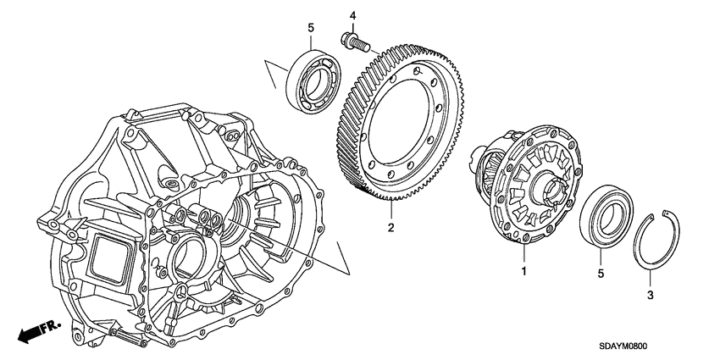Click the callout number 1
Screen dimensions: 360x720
click(x=523, y=271)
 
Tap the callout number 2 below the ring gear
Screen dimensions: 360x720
click(x=390, y=227)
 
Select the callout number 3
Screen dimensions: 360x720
click(x=650, y=295)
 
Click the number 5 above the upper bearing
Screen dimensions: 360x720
click(x=311, y=29)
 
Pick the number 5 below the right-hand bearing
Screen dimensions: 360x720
click(x=601, y=274)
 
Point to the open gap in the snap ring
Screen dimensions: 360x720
click(x=667, y=213)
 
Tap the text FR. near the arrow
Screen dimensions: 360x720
click(x=50, y=325)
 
